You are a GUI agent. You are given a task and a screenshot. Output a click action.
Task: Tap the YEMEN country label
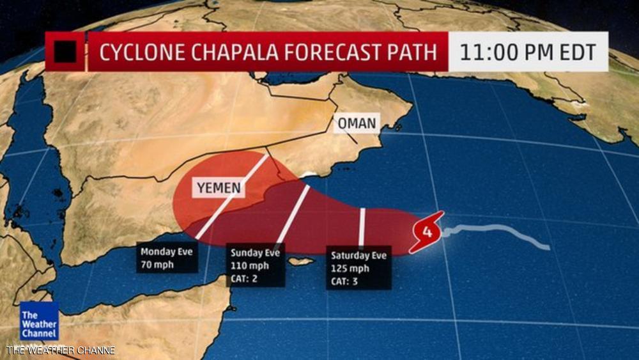[218, 187]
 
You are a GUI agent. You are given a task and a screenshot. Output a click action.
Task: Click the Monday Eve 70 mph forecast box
[167, 256]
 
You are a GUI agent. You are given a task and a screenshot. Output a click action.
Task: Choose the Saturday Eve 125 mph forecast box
[358, 268]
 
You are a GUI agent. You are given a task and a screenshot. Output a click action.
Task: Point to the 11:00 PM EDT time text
[528, 51]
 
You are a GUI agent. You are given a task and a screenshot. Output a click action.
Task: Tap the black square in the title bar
[65, 52]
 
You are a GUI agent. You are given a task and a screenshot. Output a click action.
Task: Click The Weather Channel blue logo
[38, 320]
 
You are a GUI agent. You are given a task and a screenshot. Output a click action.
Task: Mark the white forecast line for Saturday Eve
[362, 227]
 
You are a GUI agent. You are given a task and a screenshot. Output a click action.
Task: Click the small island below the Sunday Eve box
[301, 261]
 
